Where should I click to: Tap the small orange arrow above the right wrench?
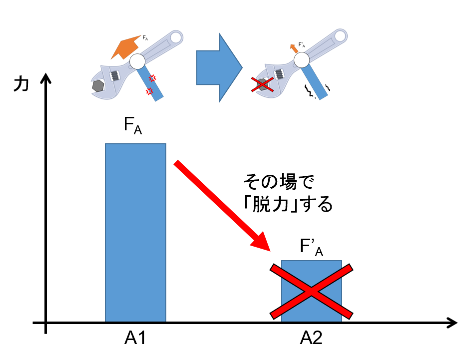(294, 48)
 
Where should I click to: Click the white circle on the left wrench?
(137, 61)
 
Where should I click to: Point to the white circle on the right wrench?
(302, 60)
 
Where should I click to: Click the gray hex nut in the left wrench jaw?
(98, 86)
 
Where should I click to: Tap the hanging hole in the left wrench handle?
(175, 37)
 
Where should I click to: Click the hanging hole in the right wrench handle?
(340, 36)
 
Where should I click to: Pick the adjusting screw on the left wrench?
(115, 76)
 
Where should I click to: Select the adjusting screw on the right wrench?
(279, 74)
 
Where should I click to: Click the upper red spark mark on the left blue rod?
(152, 78)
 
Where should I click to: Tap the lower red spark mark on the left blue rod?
(149, 91)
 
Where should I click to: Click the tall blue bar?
(135, 232)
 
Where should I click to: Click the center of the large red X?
(311, 292)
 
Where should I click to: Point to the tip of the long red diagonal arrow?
(270, 251)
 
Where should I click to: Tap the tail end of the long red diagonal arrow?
(176, 163)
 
